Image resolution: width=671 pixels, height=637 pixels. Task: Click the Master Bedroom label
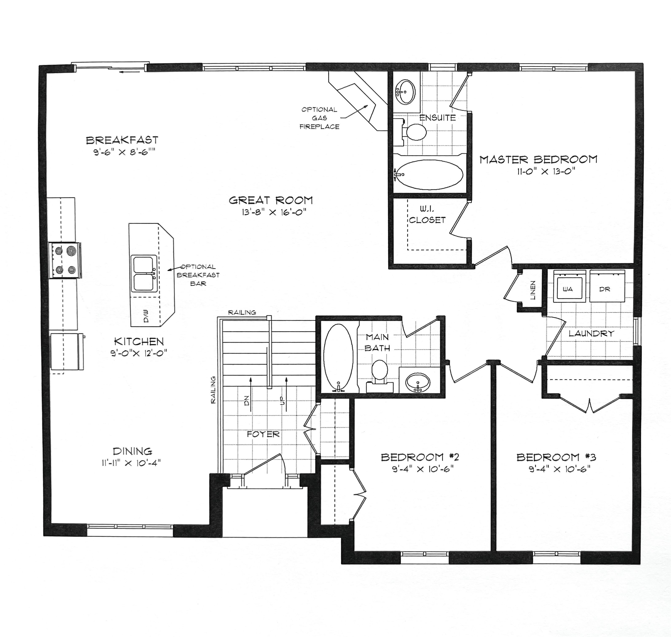pyautogui.click(x=538, y=159)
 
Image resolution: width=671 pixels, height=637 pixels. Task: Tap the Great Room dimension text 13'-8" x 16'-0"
pyautogui.click(x=274, y=213)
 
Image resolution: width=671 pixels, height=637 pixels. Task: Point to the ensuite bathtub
pyautogui.click(x=430, y=175)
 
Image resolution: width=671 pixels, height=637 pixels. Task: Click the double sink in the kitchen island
pyautogui.click(x=144, y=274)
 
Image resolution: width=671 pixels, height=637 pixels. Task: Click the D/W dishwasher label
pyautogui.click(x=146, y=316)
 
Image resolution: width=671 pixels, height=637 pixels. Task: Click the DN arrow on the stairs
pyautogui.click(x=251, y=394)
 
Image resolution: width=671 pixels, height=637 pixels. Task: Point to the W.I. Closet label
pyautogui.click(x=427, y=214)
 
